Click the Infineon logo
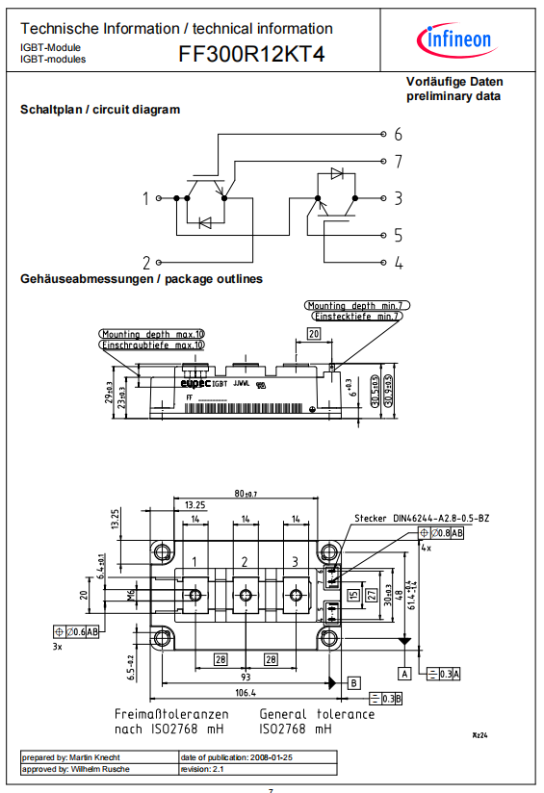pos(454,39)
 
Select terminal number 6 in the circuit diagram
pos(397,134)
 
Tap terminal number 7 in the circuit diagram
pos(397,161)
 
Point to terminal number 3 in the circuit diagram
pos(397,198)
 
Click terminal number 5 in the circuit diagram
pos(397,235)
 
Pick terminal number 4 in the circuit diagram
pos(397,262)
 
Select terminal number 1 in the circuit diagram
pos(146,198)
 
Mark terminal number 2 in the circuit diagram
pos(146,262)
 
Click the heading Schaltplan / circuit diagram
pos(100,110)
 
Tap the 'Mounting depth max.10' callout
pos(152,334)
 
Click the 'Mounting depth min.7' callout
pos(355,305)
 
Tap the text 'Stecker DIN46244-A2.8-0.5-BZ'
pos(421,519)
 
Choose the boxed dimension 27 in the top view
pos(373,593)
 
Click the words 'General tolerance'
pos(317,714)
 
